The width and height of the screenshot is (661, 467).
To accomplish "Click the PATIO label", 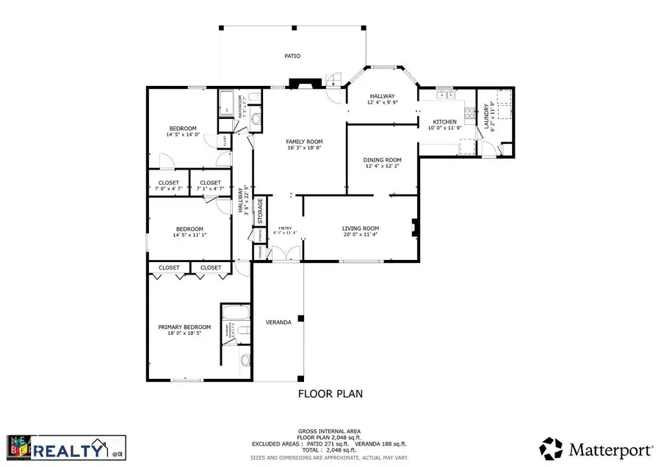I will coord(292,56).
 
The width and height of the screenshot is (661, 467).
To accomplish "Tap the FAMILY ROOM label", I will coord(305,142).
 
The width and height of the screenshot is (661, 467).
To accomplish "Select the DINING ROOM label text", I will coord(383,160).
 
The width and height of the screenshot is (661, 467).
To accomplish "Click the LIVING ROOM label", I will coord(360,228).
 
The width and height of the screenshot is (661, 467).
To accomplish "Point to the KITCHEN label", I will coord(444,122).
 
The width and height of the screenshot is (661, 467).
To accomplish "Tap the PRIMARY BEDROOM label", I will coord(184,327).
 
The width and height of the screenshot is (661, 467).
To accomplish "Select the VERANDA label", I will coord(278,322).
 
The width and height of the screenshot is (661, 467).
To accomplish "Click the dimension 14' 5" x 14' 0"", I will coord(184,135).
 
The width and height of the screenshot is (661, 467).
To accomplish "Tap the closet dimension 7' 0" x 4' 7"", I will coord(168,189).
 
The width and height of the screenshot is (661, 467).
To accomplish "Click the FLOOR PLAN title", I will coord(330,394).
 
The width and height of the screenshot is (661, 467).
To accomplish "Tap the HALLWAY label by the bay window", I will coord(383,96).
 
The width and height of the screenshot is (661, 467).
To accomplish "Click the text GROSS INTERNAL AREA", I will coord(330,430).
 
